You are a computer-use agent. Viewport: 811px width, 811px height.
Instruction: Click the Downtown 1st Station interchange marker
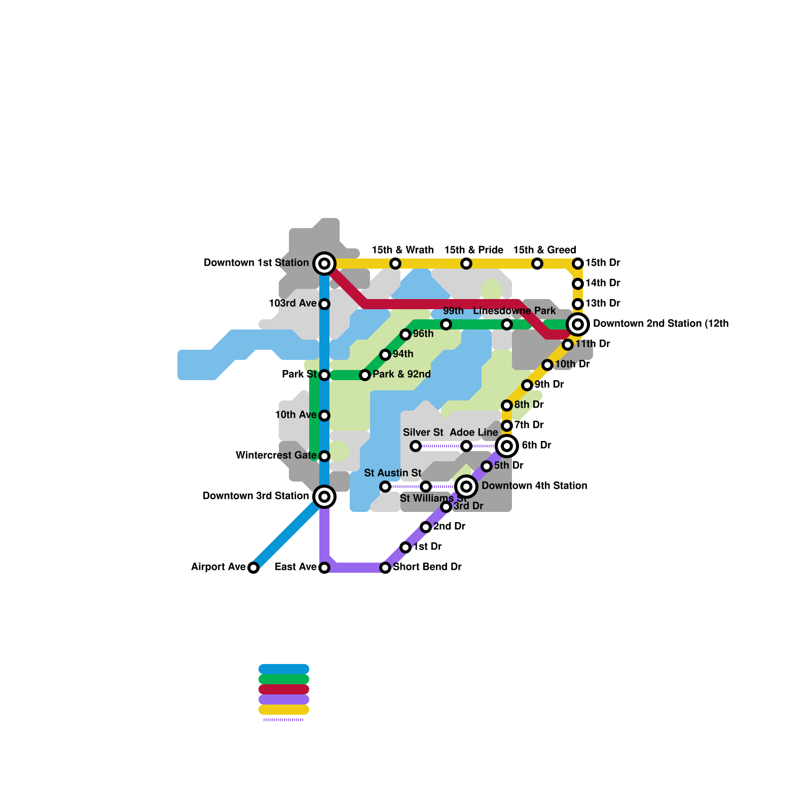coord(324,264)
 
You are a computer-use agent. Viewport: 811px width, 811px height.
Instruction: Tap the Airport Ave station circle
coord(253,568)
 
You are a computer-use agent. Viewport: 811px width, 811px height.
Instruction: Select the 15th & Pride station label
coord(473,250)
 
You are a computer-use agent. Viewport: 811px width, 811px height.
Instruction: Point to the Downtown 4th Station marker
coord(466,487)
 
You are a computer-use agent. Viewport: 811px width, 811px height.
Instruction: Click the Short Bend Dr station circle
coord(385,568)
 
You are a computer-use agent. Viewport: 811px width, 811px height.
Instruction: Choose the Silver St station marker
coord(416,446)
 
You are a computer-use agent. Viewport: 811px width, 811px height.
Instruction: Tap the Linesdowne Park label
coord(514,311)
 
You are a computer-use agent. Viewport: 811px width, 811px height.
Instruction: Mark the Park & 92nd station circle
coord(365,375)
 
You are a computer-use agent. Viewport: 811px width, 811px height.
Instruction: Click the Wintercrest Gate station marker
coord(324,456)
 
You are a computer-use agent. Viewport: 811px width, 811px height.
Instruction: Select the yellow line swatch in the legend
coord(284,710)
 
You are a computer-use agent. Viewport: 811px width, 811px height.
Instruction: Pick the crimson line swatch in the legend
coord(284,689)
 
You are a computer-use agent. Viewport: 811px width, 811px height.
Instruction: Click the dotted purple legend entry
coord(284,720)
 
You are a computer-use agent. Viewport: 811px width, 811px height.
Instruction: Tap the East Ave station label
coord(296,567)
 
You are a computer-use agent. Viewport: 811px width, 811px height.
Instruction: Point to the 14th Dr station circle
coord(578,284)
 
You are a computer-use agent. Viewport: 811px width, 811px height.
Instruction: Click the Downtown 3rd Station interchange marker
coord(324,497)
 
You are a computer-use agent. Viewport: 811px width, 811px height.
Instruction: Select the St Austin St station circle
coord(385,487)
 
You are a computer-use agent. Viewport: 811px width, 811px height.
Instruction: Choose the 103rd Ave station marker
coord(324,304)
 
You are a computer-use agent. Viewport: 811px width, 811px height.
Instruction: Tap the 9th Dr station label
coord(549,384)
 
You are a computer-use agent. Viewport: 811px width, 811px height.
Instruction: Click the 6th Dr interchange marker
coord(507,446)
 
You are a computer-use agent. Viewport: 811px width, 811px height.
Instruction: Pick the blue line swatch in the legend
coord(284,669)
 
